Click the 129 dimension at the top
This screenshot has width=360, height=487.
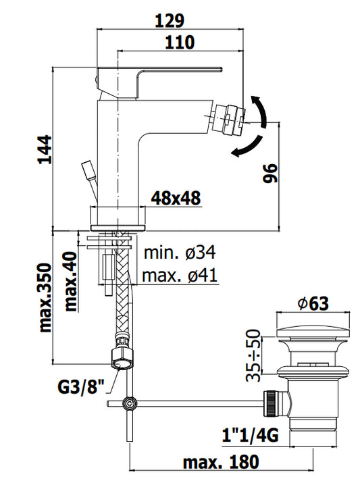(x=170, y=21)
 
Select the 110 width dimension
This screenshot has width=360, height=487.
(x=180, y=43)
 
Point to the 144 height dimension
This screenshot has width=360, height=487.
(x=45, y=149)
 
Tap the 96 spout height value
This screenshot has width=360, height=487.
(x=270, y=174)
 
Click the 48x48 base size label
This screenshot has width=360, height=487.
(x=176, y=198)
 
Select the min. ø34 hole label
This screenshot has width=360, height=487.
(x=180, y=253)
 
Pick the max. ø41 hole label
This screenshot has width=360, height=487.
(x=180, y=275)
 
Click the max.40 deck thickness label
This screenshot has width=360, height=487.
(x=70, y=282)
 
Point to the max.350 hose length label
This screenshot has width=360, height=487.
(x=45, y=298)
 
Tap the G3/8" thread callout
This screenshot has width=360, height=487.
(x=81, y=387)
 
